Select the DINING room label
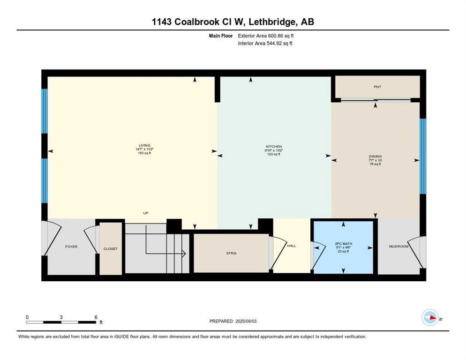(x=375, y=156)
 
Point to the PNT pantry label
(x=377, y=87)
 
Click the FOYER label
(x=71, y=247)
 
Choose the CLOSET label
(x=111, y=249)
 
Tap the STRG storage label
(x=231, y=253)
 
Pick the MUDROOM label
(x=399, y=247)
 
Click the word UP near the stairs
(x=146, y=213)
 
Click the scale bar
(x=61, y=322)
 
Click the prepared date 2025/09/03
(x=251, y=321)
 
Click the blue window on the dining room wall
(x=423, y=156)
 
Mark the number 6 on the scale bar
(x=96, y=317)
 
